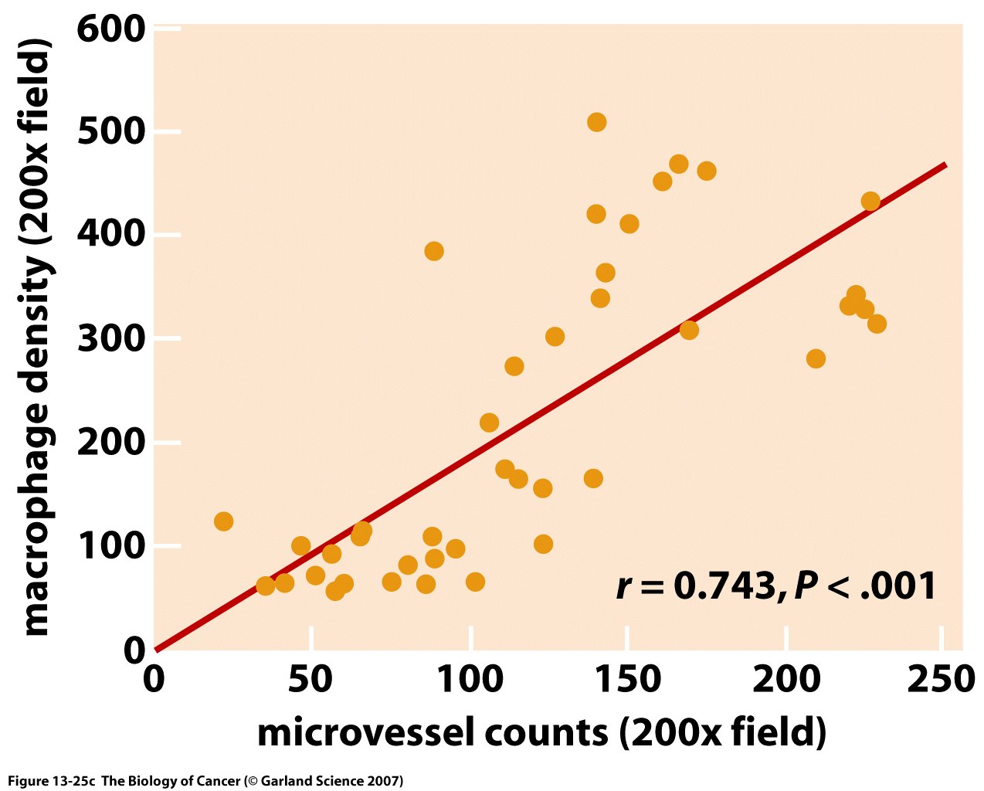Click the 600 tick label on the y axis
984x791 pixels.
tap(111, 29)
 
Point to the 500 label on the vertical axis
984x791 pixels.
tap(111, 132)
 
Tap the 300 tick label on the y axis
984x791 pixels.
tap(111, 339)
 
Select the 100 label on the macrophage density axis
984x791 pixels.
tap(111, 546)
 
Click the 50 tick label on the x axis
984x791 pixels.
tap(311, 680)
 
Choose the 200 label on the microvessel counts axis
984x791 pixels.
tap(786, 680)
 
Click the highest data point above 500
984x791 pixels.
tap(596, 122)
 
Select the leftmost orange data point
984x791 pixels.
tap(223, 521)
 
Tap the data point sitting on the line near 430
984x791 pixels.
tap(870, 202)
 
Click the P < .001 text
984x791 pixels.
tap(865, 586)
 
